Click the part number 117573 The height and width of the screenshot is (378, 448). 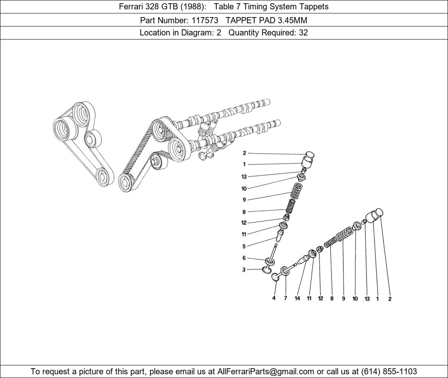[x=205, y=20]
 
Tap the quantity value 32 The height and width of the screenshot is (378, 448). [x=303, y=33]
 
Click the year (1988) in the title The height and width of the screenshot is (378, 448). [x=188, y=7]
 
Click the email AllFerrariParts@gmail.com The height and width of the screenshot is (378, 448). [x=266, y=371]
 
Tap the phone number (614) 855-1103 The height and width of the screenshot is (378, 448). [x=389, y=371]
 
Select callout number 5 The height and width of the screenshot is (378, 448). [x=244, y=246]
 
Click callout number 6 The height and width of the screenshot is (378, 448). [x=244, y=258]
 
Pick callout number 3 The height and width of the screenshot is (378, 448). [x=244, y=270]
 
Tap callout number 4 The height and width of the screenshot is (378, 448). [x=274, y=298]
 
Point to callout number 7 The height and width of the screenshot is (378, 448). [x=285, y=298]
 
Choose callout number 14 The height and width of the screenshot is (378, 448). [x=297, y=298]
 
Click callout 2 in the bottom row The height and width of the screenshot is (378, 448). [x=390, y=299]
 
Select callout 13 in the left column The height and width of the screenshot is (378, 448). [x=244, y=177]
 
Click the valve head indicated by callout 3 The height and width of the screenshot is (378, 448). [x=268, y=270]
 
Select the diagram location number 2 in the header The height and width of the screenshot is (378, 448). [x=219, y=33]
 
